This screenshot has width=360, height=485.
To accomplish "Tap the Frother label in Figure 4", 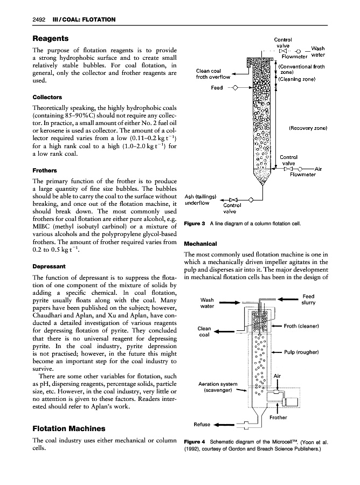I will (x=278, y=417).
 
